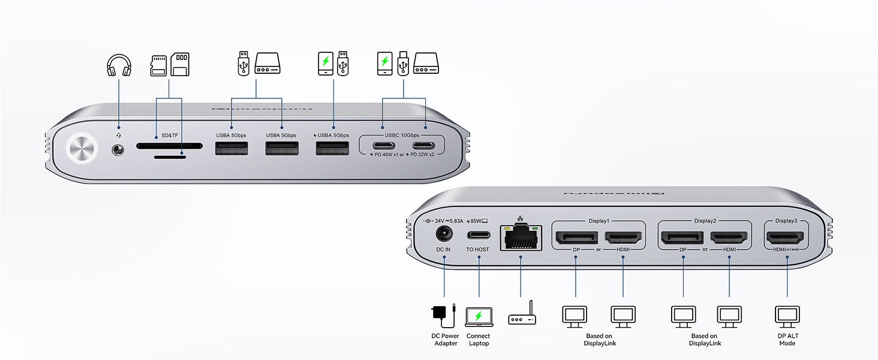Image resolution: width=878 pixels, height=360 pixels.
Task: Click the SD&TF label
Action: click(x=170, y=135)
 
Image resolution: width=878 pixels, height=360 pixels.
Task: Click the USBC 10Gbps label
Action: click(x=402, y=135)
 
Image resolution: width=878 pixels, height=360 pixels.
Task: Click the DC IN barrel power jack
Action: click(x=444, y=235)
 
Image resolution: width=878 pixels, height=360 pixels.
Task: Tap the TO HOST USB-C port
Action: click(x=479, y=235)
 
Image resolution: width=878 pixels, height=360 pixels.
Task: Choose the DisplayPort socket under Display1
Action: click(x=576, y=237)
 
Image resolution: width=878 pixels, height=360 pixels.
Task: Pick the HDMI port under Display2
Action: click(x=729, y=237)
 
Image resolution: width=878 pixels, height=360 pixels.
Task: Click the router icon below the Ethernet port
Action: click(x=522, y=317)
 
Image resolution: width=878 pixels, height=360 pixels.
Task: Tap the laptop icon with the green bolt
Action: click(x=478, y=317)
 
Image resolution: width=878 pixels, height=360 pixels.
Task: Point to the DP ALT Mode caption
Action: click(x=787, y=340)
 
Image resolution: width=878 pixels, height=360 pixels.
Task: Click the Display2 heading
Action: click(x=705, y=221)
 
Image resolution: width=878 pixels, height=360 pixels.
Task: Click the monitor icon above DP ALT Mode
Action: click(x=787, y=315)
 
